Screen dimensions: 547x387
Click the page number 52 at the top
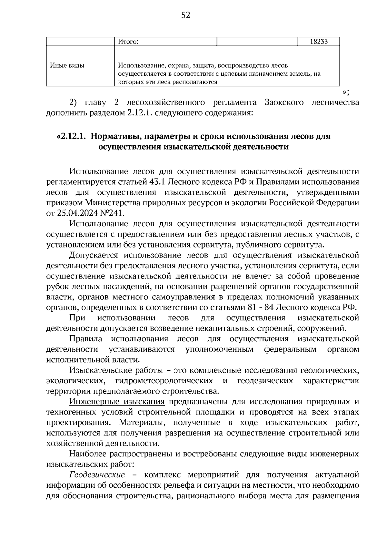click(186, 15)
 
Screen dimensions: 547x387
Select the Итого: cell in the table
click(128, 42)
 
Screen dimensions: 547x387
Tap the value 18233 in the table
click(319, 42)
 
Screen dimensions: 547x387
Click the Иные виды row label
click(67, 66)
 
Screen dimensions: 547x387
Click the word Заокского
click(284, 103)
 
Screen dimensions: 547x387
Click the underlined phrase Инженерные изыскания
click(117, 402)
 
